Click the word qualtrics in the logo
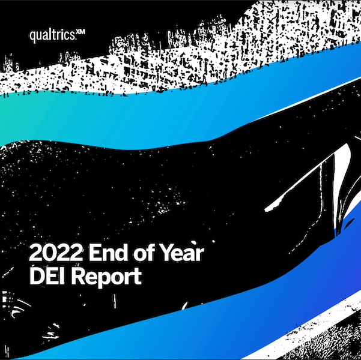[x=52, y=36]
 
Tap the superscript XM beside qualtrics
[x=80, y=32]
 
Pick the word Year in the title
[x=181, y=253]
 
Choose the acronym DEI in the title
[x=48, y=276]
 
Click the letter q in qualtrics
[x=33, y=37]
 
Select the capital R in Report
[x=78, y=276]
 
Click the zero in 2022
[x=49, y=253]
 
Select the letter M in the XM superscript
[x=82, y=32]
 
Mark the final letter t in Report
[x=138, y=277]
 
